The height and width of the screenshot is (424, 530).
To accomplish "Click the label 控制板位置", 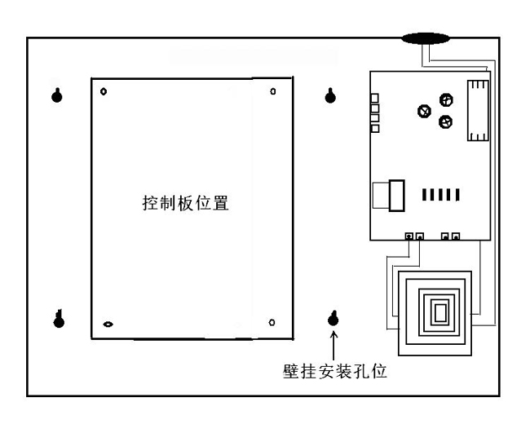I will [x=185, y=203].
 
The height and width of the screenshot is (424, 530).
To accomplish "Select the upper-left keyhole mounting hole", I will [x=57, y=95].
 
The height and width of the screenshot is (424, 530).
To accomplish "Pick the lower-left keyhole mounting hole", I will [x=58, y=317].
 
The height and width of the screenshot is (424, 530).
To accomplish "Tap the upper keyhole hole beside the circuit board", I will [x=330, y=95].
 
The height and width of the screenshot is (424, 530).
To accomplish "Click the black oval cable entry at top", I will [x=426, y=38].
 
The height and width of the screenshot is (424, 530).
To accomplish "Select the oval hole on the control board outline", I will [x=108, y=324].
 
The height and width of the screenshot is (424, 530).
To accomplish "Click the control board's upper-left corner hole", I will [x=104, y=91].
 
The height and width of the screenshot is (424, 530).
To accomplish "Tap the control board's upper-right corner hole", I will [x=272, y=91].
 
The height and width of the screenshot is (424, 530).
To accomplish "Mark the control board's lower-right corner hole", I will [x=272, y=320].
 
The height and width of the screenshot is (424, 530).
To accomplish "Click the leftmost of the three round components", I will [x=423, y=113].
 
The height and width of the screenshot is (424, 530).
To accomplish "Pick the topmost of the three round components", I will [x=445, y=99].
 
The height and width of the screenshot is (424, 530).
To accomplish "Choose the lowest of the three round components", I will [x=444, y=122].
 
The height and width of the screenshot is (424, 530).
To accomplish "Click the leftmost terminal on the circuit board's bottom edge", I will [x=409, y=236].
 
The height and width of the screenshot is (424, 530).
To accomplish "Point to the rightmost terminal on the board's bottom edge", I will [x=455, y=236].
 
